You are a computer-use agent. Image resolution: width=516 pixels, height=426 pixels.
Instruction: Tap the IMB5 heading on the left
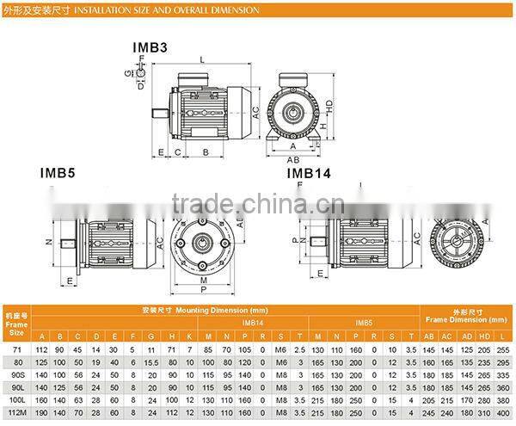tap(58, 171)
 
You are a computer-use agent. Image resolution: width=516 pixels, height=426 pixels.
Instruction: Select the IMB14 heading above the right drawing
tap(309, 173)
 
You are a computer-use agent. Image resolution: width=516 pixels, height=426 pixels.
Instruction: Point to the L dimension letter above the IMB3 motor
tap(200, 59)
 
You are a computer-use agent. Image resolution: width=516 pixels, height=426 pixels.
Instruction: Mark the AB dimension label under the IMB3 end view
tap(293, 159)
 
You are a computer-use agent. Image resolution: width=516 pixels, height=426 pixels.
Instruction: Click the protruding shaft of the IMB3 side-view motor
tap(159, 112)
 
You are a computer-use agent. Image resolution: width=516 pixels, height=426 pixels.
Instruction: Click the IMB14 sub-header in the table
tap(253, 323)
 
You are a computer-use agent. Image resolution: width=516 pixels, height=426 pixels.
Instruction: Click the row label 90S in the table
tap(17, 376)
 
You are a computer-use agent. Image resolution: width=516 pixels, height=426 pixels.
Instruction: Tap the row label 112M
tap(17, 414)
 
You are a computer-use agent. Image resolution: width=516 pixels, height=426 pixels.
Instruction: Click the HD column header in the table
tap(485, 336)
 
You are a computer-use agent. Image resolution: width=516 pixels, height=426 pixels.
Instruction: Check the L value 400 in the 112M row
tap(504, 414)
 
